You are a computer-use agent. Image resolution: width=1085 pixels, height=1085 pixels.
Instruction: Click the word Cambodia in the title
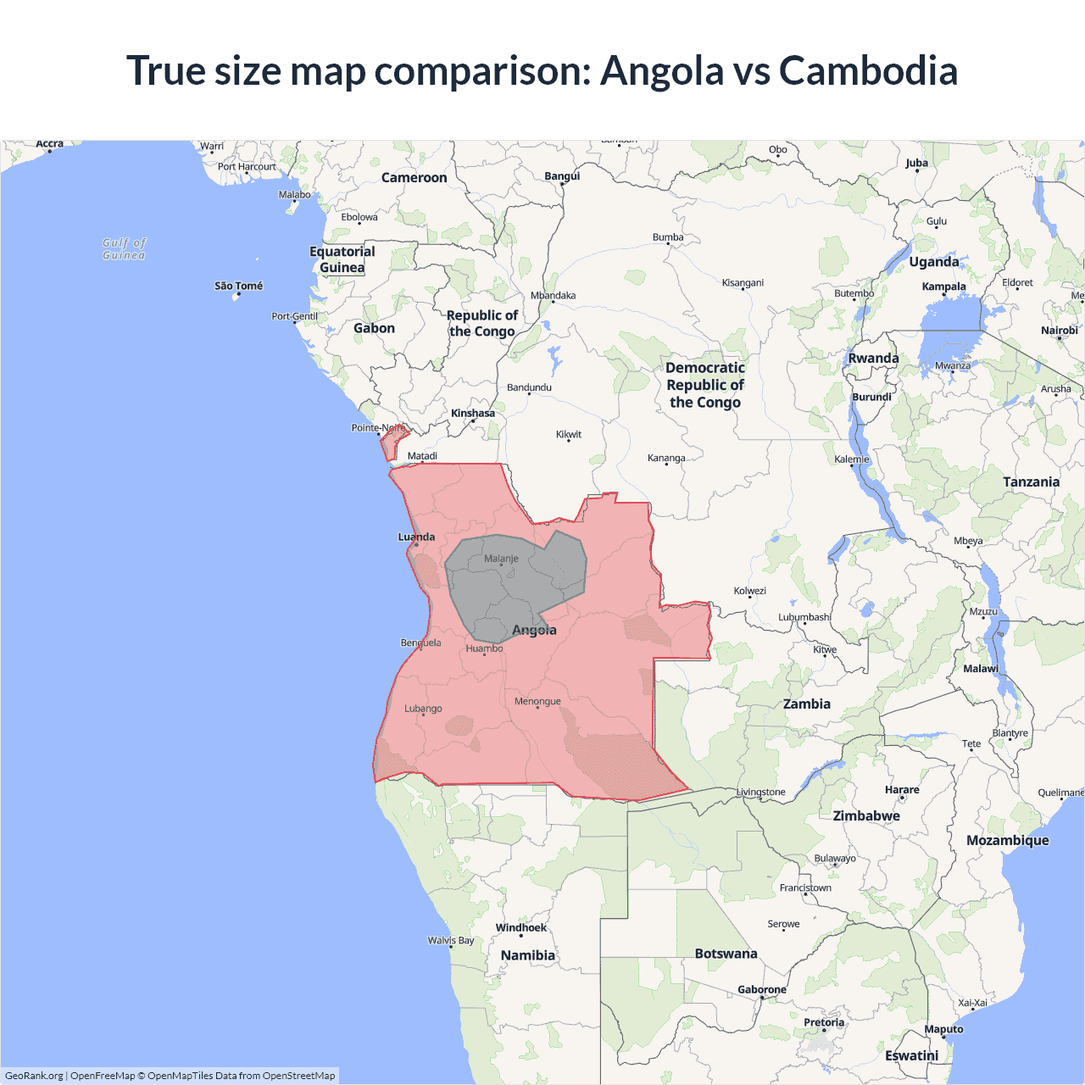868,71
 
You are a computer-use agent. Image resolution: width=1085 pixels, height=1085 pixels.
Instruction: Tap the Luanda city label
416,537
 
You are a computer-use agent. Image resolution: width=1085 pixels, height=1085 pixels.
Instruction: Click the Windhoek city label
520,927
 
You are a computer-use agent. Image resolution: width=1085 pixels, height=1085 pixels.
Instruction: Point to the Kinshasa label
473,414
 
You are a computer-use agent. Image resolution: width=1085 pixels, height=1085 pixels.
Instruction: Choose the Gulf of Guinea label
124,248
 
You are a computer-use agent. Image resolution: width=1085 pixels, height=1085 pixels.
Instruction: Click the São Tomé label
238,286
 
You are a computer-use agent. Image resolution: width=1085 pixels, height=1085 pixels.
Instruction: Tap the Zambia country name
806,704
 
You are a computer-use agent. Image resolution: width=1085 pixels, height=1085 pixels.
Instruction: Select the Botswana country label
726,954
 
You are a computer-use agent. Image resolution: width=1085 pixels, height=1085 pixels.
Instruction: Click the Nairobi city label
1059,331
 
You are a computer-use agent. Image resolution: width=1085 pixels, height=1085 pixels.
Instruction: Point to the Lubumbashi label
804,617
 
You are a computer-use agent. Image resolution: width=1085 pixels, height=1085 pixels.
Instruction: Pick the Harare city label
902,789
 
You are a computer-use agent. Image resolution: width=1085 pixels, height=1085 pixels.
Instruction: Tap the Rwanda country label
873,359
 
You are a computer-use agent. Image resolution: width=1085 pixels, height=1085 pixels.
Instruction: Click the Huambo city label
484,648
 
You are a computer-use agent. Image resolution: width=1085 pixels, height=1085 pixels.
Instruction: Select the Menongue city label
537,701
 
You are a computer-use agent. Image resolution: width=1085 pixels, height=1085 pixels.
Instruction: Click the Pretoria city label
824,1022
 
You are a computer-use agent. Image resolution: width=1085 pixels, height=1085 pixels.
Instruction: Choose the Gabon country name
374,328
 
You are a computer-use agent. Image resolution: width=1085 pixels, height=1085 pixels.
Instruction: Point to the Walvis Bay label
451,940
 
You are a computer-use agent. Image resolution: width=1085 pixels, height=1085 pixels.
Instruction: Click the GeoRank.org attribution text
34,1076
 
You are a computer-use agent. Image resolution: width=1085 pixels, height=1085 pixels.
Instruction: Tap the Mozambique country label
1007,840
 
